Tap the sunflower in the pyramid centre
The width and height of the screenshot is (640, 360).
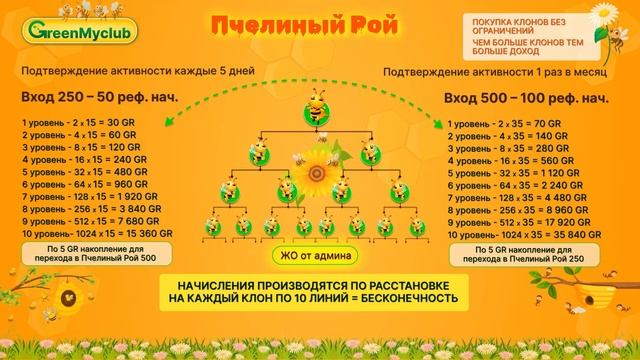pos(318,171)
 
